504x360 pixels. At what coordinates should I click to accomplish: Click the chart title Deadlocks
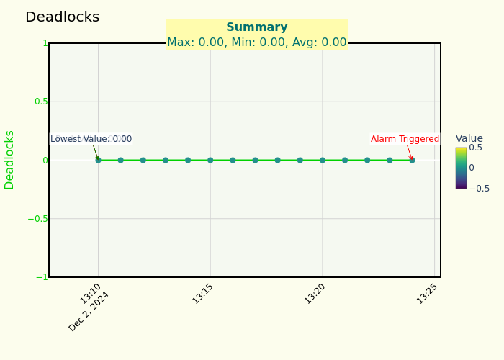[62, 17]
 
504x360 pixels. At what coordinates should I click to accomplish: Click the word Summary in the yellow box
[256, 27]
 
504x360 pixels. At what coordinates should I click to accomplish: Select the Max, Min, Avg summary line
[256, 42]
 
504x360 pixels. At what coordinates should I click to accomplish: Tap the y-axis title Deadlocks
[9, 160]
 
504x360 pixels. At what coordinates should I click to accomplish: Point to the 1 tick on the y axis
[45, 43]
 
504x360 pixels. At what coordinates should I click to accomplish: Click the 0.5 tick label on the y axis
[41, 102]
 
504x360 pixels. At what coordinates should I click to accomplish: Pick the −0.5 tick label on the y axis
[38, 219]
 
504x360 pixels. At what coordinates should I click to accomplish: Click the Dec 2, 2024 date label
[89, 312]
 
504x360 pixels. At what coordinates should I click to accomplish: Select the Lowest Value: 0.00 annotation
[91, 139]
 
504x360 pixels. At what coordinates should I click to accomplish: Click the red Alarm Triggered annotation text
[405, 139]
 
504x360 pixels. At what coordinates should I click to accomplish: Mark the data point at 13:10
[98, 160]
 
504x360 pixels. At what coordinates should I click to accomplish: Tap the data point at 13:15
[210, 160]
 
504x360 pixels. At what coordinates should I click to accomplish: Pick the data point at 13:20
[323, 160]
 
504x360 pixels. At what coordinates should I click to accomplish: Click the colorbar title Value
[469, 138]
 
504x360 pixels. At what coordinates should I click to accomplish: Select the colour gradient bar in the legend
[461, 168]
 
